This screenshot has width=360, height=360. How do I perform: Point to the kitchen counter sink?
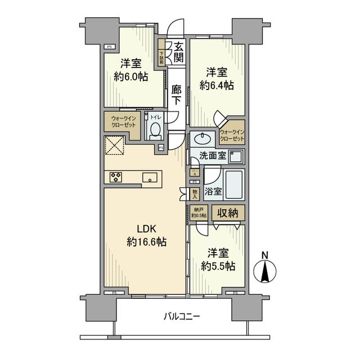(x=150, y=178)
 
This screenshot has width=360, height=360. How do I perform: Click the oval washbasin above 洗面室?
(x=200, y=139)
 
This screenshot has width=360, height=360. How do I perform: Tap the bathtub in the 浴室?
(x=235, y=183)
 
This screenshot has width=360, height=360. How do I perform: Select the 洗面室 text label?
(x=208, y=156)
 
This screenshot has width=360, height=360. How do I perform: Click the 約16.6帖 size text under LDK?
(x=146, y=242)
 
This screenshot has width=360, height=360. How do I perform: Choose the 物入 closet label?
(x=195, y=193)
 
